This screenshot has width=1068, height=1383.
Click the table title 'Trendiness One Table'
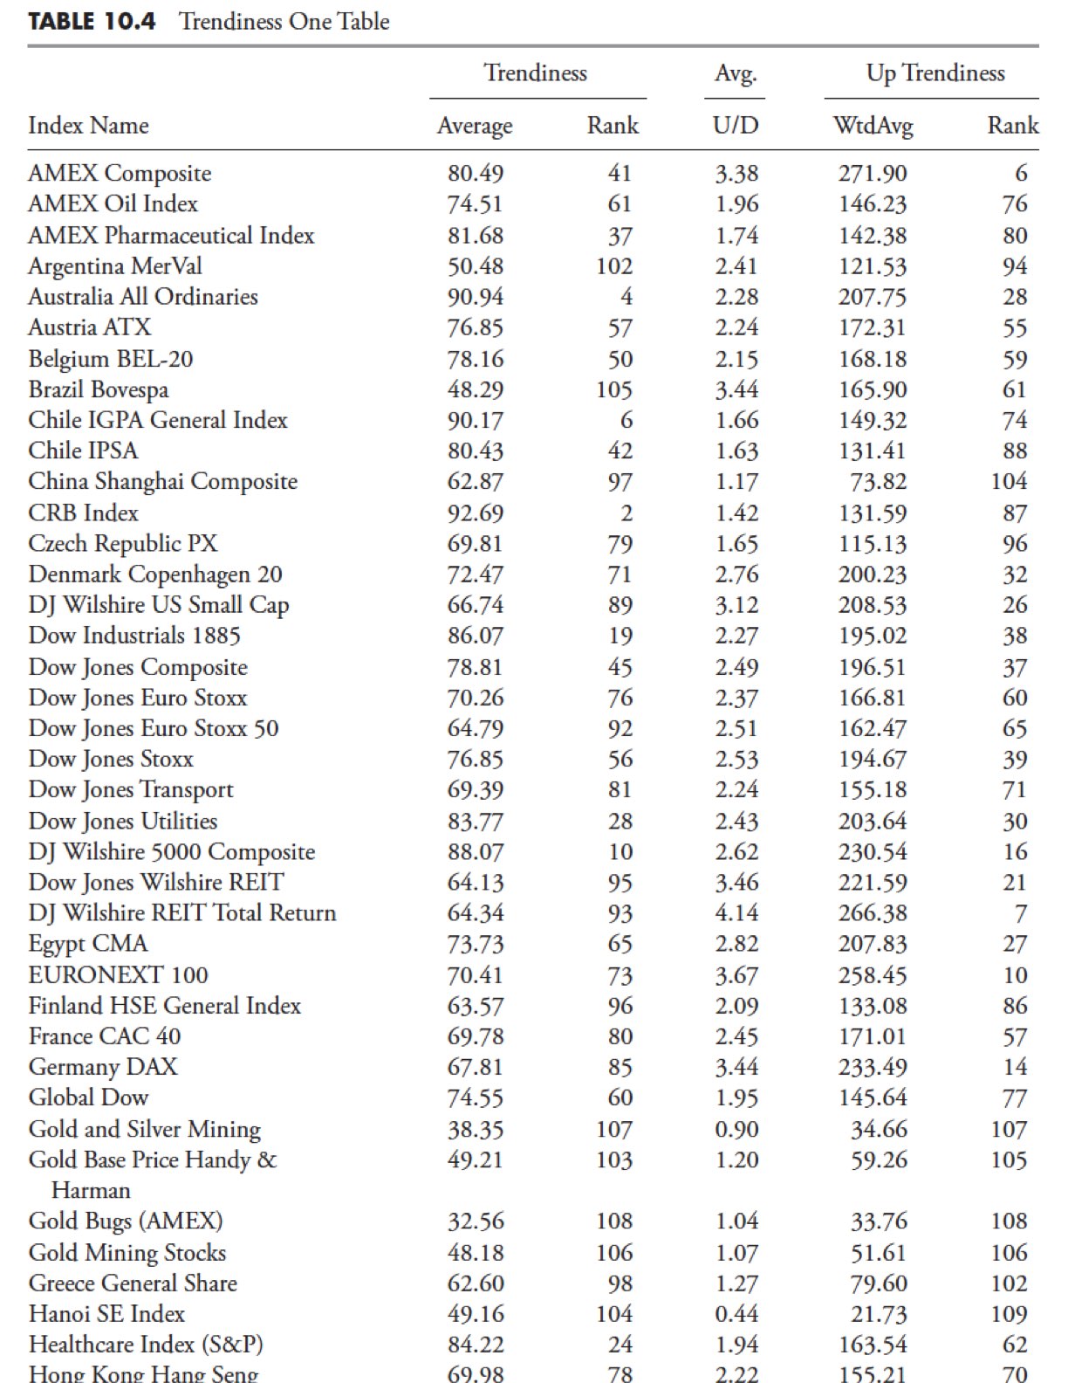pos(284,21)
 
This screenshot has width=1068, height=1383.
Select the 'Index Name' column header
pos(88,126)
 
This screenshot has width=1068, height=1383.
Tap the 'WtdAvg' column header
pos(873,127)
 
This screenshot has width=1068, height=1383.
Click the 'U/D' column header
pos(736,127)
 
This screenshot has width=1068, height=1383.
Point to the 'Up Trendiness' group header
pos(934,73)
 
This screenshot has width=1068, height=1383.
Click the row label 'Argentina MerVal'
pos(114,266)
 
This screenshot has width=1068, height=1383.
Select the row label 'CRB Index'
pos(83,513)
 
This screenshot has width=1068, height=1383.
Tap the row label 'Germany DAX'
pos(102,1067)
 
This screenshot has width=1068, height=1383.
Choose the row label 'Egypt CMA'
pos(87,944)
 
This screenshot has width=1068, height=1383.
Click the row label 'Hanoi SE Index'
pos(106,1314)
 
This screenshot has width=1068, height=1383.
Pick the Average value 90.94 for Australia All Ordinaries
pos(476,297)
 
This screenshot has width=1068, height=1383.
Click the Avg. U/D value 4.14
pos(736,913)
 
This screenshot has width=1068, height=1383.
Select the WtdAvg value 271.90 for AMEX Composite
pos(873,174)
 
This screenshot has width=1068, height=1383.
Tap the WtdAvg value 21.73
pos(879,1314)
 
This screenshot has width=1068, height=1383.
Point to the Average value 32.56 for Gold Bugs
pos(476,1221)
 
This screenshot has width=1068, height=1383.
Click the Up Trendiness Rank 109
pos(1009,1314)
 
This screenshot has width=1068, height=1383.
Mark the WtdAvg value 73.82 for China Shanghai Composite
pos(879,482)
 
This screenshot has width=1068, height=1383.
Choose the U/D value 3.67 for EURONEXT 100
pos(736,975)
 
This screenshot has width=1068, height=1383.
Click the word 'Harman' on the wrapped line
pos(91,1191)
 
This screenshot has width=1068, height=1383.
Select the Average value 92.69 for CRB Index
pos(476,513)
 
